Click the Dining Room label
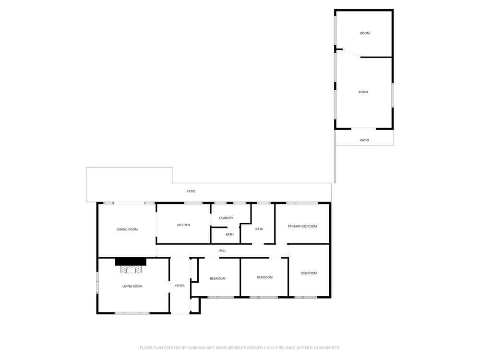coord(127,229)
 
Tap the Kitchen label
coord(183,225)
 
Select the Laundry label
coord(226,218)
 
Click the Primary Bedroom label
coord(302,226)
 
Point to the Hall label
coord(222,251)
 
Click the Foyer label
coord(180,286)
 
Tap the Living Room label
coord(132,286)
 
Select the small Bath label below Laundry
coord(229,235)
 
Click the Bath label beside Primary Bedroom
coord(259,229)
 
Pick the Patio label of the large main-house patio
coord(191,192)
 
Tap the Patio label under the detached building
coord(365,140)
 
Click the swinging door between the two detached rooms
coord(351,53)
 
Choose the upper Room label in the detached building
coord(365,33)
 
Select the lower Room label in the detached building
coord(363,92)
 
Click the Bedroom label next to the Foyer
coord(217,278)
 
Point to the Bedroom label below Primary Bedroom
coord(309,273)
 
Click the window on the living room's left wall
coord(97,283)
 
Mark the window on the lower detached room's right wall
coord(393,95)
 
